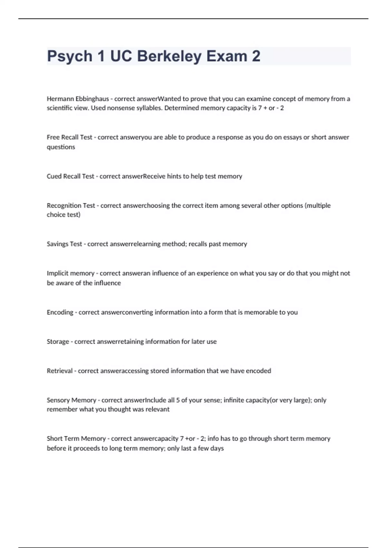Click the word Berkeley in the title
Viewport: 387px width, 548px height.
169,56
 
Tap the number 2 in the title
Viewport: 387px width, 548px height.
256,56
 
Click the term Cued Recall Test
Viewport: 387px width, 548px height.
70,176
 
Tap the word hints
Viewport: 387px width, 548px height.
174,176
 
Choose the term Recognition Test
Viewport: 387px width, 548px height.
71,206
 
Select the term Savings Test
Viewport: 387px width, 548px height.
64,244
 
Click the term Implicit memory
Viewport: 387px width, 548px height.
70,273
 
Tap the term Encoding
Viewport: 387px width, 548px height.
60,312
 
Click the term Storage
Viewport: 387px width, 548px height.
58,342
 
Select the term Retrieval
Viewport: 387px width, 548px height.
60,371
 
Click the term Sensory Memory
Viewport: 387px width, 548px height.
71,400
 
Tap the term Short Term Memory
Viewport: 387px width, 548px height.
76,439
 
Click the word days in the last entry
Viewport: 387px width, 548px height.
217,448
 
